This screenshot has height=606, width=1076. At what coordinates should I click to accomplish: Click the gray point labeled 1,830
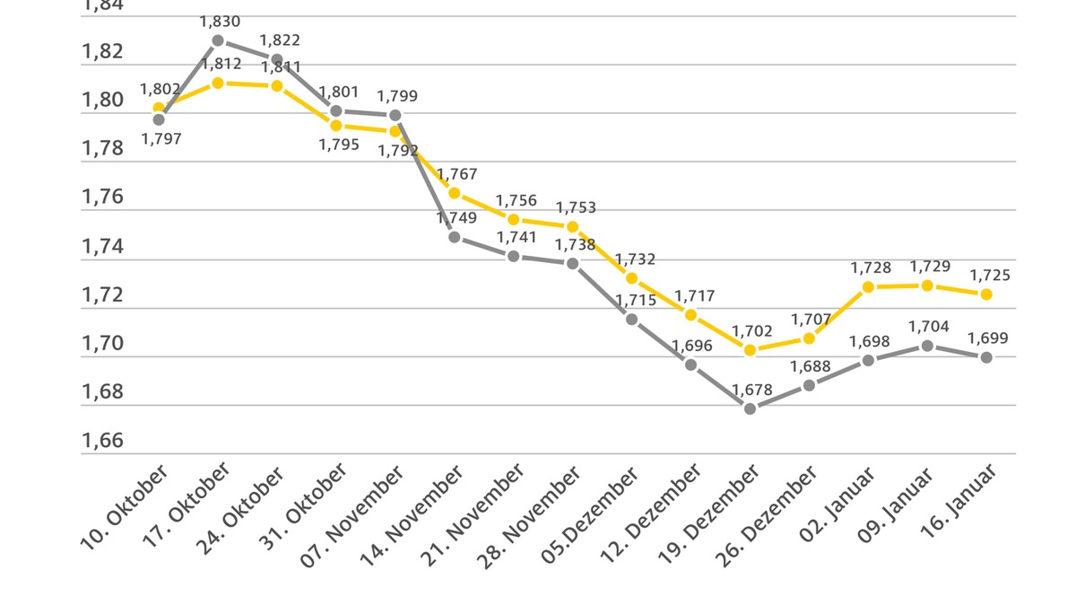(218, 40)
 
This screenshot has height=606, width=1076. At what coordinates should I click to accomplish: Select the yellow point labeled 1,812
(218, 83)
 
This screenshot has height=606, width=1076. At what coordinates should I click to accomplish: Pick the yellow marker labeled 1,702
(751, 350)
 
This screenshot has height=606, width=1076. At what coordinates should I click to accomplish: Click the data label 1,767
(457, 174)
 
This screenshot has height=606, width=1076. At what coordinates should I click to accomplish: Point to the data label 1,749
(456, 217)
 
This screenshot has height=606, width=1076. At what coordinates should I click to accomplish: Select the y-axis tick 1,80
(102, 101)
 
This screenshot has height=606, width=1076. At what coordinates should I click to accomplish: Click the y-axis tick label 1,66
(102, 441)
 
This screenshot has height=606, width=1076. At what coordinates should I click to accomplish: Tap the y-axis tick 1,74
(102, 247)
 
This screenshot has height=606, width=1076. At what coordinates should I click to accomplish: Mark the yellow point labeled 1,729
(928, 285)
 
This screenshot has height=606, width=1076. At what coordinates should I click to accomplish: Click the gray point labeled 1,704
(928, 346)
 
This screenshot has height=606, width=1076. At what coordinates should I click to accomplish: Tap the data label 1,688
(811, 366)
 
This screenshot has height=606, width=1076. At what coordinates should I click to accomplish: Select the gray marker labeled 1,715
(632, 319)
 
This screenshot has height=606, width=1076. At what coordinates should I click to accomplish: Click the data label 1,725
(989, 276)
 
